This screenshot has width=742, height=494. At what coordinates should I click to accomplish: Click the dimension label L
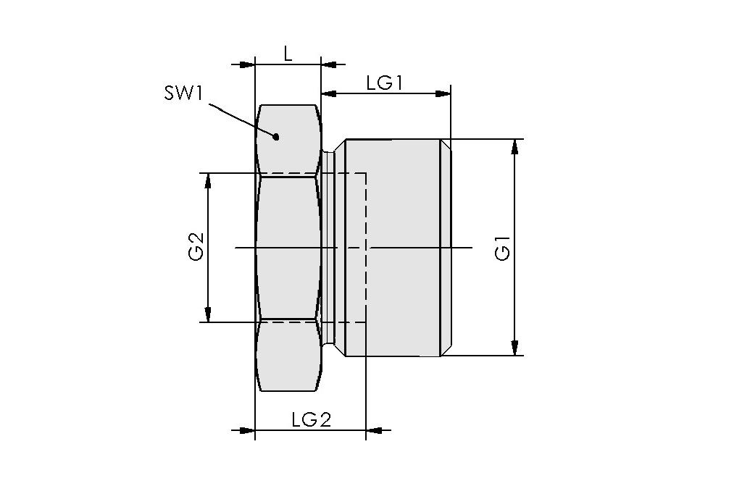pyautogui.click(x=288, y=53)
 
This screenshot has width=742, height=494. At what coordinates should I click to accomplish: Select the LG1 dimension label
pyautogui.click(x=384, y=83)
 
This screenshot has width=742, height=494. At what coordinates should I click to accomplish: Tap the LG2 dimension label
pyautogui.click(x=311, y=419)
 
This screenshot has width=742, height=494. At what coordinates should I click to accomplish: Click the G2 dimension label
pyautogui.click(x=196, y=246)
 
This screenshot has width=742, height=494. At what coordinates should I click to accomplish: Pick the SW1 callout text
pyautogui.click(x=182, y=94)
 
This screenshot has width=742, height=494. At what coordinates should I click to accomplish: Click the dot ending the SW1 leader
pyautogui.click(x=275, y=136)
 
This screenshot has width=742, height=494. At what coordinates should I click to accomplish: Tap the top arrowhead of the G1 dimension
pyautogui.click(x=514, y=146)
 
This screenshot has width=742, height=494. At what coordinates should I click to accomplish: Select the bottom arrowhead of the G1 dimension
pyautogui.click(x=514, y=348)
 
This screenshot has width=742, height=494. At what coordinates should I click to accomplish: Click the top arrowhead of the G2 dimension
pyautogui.click(x=208, y=181)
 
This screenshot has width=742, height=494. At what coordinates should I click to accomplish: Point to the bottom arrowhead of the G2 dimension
pyautogui.click(x=208, y=314)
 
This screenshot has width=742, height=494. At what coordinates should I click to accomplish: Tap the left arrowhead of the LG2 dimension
pyautogui.click(x=246, y=430)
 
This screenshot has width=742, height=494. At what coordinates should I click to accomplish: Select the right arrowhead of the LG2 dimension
pyautogui.click(x=375, y=430)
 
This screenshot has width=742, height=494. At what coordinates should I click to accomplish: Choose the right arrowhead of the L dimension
pyautogui.click(x=329, y=64)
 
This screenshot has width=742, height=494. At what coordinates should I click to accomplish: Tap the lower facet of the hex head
pyautogui.click(x=288, y=356)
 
